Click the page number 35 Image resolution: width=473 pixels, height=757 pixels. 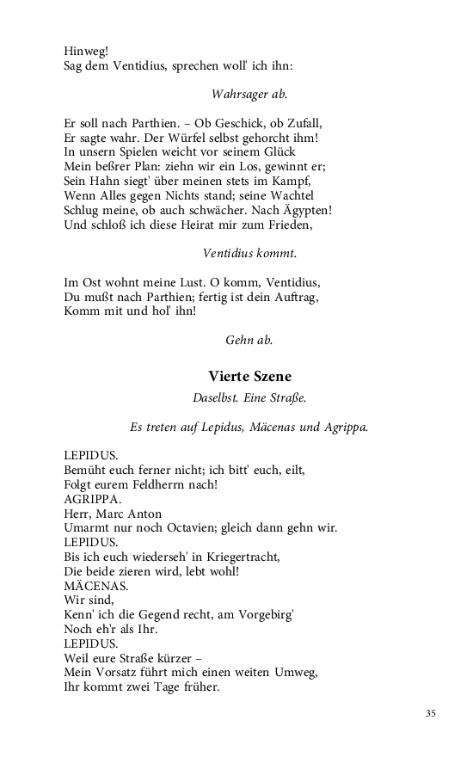(431, 713)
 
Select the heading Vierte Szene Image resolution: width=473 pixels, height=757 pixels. (249, 376)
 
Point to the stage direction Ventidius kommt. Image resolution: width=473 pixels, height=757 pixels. (249, 253)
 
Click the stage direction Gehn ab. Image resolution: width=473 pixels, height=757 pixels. (249, 340)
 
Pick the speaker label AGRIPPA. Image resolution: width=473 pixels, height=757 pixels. (90, 499)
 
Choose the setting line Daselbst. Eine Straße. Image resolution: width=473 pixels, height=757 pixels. (249, 398)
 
